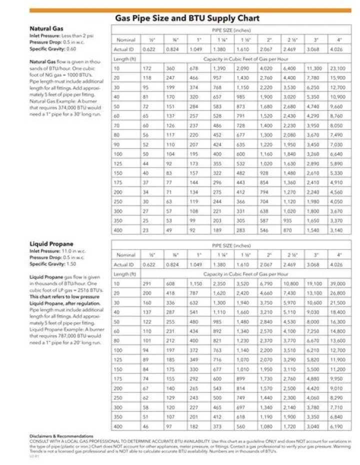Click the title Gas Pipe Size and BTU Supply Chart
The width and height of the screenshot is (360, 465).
tap(187, 18)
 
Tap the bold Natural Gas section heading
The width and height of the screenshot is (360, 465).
tap(46, 29)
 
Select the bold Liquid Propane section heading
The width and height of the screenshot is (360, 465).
tap(51, 244)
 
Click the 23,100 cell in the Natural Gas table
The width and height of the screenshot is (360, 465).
tap(337, 68)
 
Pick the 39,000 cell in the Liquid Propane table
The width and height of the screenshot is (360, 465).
tap(337, 283)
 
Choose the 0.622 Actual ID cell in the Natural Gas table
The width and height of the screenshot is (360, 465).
tap(148, 49)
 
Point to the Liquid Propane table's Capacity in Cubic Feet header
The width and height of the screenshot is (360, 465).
tap(245, 274)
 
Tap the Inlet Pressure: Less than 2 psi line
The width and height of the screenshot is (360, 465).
tap(61, 36)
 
